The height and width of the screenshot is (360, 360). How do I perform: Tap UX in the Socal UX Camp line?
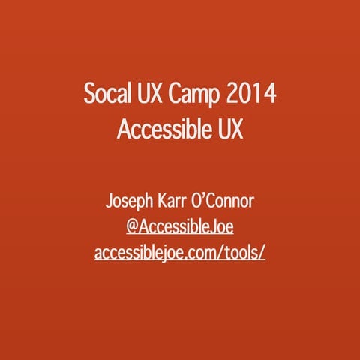pyautogui.click(x=152, y=97)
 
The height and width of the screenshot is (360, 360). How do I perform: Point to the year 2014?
pyautogui.click(x=253, y=97)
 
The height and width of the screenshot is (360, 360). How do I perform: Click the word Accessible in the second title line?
pyautogui.click(x=156, y=130)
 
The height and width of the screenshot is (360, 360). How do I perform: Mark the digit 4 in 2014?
pyautogui.click(x=270, y=97)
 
